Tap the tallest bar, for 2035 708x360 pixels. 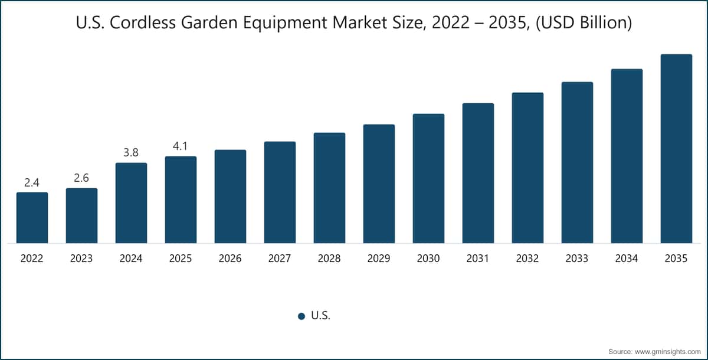(676, 148)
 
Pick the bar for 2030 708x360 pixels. (428, 178)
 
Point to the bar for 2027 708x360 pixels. (280, 192)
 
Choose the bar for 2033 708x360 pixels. (577, 162)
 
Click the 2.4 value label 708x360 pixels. (32, 183)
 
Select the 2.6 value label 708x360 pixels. (81, 178)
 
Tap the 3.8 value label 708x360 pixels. (131, 153)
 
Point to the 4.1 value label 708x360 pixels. (181, 146)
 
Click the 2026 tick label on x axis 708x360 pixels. (230, 258)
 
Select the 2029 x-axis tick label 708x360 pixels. (379, 258)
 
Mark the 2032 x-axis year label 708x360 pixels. (527, 258)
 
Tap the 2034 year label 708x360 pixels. (627, 258)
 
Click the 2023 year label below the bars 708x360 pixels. (81, 258)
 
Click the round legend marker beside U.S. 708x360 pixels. (301, 316)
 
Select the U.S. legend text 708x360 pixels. (320, 316)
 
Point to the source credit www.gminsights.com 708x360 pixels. (654, 351)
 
